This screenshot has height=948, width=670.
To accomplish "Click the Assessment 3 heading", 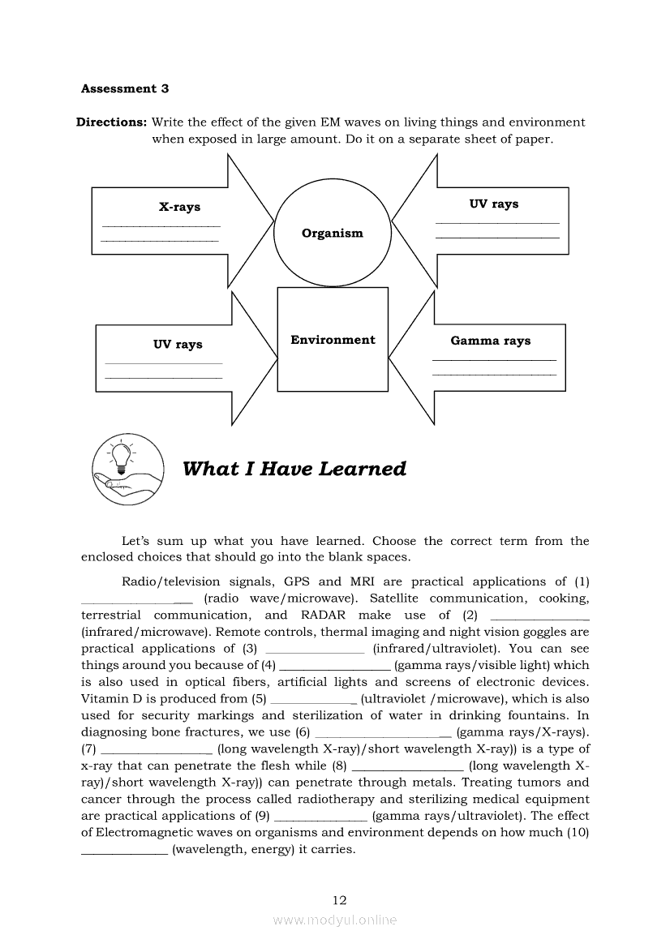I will click(125, 88).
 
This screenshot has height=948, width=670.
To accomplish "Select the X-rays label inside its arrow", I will click(179, 207).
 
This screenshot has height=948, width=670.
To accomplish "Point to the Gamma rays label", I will click(490, 341).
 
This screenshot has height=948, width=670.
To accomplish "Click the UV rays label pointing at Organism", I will click(493, 204).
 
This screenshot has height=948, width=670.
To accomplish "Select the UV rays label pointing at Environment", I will click(178, 345).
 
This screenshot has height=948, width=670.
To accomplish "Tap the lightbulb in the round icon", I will click(121, 456).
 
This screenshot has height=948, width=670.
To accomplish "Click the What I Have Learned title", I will click(294, 469).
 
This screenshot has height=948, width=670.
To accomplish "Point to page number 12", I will click(339, 899).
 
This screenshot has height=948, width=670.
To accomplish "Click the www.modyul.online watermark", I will click(335, 920).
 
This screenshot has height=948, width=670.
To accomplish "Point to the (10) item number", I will click(578, 833).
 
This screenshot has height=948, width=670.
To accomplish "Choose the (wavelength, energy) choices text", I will click(264, 850).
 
